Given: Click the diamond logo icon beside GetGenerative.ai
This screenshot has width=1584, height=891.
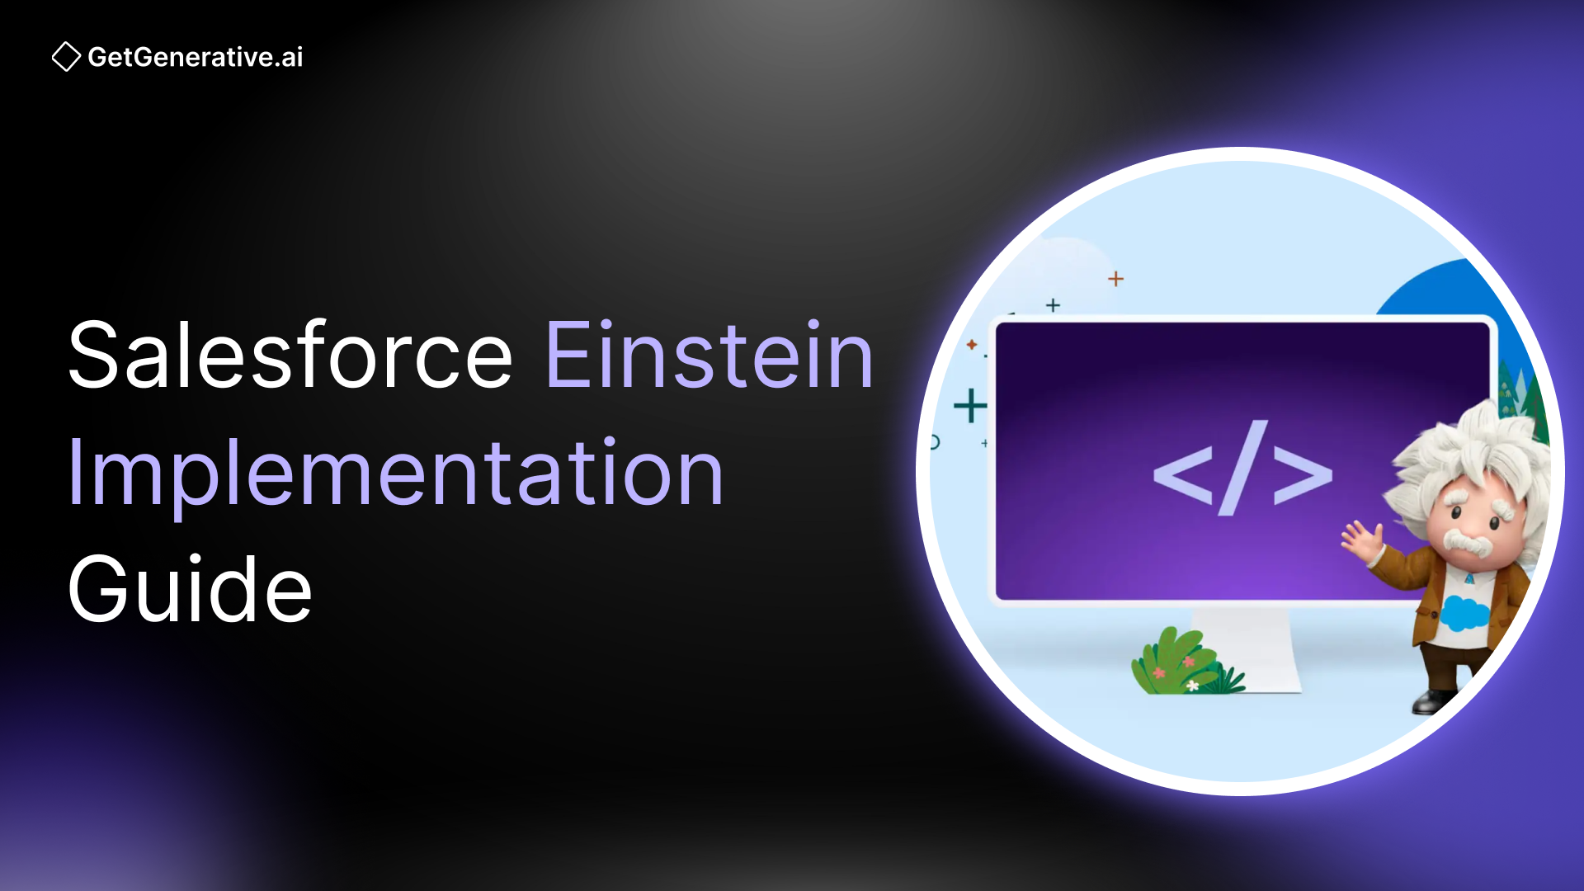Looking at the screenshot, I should [66, 57].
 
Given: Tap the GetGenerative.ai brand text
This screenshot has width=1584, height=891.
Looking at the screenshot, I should [196, 57].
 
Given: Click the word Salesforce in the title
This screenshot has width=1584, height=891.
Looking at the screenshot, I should [290, 356].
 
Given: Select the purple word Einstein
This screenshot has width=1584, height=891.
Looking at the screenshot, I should [709, 356].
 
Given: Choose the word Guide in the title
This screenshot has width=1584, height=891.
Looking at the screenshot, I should [190, 589].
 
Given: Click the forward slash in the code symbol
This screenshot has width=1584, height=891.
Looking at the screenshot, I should [1242, 468].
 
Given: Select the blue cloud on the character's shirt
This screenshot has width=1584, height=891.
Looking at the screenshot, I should [1464, 613].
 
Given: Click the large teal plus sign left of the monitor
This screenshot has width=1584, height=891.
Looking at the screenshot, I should [970, 406].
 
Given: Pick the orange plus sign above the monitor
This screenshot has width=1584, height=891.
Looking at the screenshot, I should [1115, 279].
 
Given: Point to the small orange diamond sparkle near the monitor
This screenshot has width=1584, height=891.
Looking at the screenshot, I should [972, 344].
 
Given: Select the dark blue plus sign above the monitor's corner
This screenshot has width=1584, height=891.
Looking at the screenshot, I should [1053, 305].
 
